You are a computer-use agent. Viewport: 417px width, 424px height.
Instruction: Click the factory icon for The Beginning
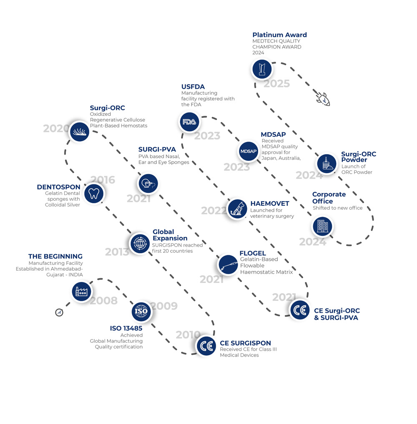point(81,292)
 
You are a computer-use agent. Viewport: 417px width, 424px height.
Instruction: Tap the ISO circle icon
point(141,311)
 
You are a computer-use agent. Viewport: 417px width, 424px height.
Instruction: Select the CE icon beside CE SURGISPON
point(206,346)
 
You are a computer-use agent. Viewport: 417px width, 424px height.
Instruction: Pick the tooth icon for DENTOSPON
point(94,193)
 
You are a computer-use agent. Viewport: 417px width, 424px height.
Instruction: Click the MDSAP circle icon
point(249,151)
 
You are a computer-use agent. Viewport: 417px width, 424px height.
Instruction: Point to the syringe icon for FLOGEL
point(228,265)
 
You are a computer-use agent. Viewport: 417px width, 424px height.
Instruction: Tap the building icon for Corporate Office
point(323,226)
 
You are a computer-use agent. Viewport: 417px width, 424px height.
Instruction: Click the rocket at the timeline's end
point(323,100)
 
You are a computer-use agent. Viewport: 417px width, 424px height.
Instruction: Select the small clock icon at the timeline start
point(59,312)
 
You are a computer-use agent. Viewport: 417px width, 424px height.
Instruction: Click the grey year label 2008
point(104,300)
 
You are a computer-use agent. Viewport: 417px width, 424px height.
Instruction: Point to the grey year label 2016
point(103,180)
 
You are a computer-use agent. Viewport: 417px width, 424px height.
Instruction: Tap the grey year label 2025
point(276,84)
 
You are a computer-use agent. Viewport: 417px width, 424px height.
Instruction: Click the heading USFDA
point(193,87)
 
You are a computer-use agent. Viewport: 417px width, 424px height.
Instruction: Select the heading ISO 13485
point(126,328)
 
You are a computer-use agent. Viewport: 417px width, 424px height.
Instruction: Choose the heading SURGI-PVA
point(157,149)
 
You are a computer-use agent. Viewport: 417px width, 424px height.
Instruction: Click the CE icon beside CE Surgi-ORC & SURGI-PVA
point(299,310)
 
